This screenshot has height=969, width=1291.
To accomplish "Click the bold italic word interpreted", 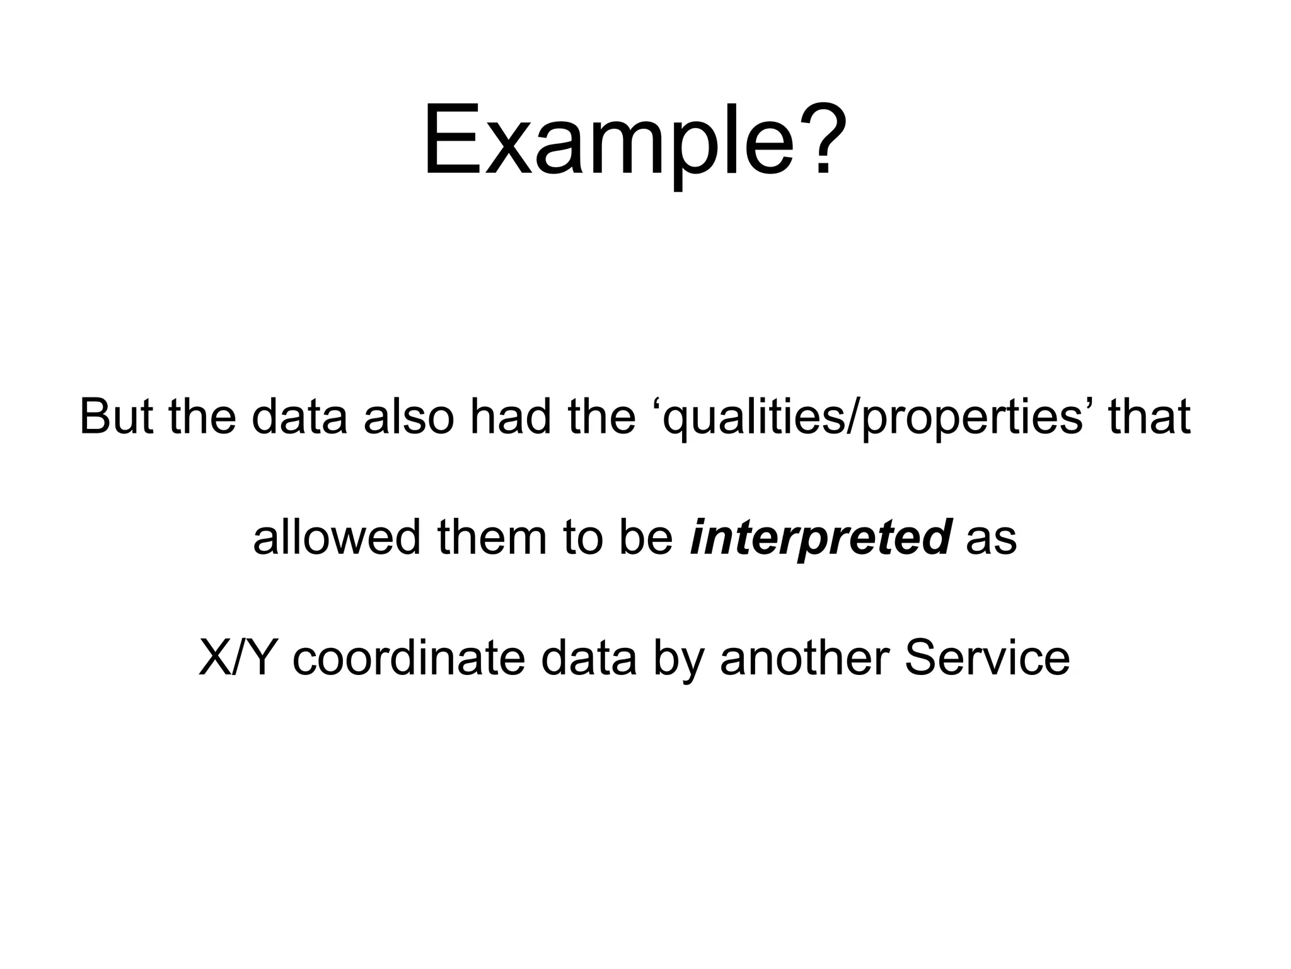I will click(820, 538).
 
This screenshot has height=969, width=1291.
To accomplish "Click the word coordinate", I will click(408, 657).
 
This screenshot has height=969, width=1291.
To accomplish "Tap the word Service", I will click(987, 657).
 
